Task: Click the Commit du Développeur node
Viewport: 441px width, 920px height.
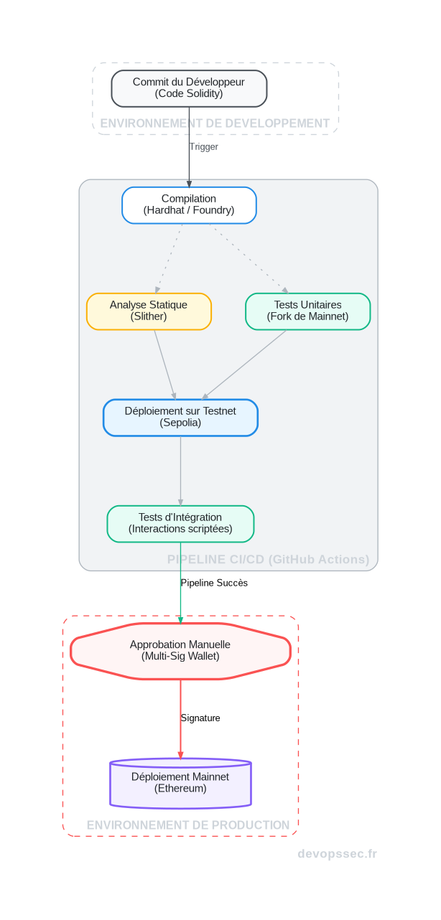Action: click(x=189, y=88)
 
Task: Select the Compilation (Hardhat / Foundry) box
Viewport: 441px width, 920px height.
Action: click(x=189, y=205)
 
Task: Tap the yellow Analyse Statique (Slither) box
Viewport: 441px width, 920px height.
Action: click(x=149, y=311)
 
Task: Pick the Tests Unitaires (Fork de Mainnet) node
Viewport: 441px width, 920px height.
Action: click(x=307, y=311)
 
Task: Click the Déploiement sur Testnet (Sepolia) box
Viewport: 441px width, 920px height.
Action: click(x=180, y=417)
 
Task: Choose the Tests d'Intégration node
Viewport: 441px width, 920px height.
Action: click(x=180, y=523)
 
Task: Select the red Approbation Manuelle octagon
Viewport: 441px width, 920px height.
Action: click(x=180, y=650)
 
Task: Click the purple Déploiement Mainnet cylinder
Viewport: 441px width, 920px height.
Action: click(x=180, y=783)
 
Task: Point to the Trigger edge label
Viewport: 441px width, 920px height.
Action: click(x=203, y=147)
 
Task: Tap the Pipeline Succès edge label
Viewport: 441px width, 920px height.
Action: click(x=214, y=583)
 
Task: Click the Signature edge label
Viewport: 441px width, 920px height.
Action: click(x=200, y=718)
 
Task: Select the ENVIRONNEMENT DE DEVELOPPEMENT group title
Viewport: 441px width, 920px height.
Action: click(x=215, y=123)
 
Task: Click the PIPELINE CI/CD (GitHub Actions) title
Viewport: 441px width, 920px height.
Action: click(x=268, y=560)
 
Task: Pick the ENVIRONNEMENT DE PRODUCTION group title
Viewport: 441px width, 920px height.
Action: click(x=188, y=825)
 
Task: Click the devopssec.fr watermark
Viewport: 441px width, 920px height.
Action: click(x=337, y=854)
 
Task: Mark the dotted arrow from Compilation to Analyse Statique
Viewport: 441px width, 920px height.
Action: click(x=167, y=258)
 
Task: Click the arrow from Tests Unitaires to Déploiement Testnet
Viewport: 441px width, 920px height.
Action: click(x=244, y=365)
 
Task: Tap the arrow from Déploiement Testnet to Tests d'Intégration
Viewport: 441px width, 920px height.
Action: click(x=180, y=470)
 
